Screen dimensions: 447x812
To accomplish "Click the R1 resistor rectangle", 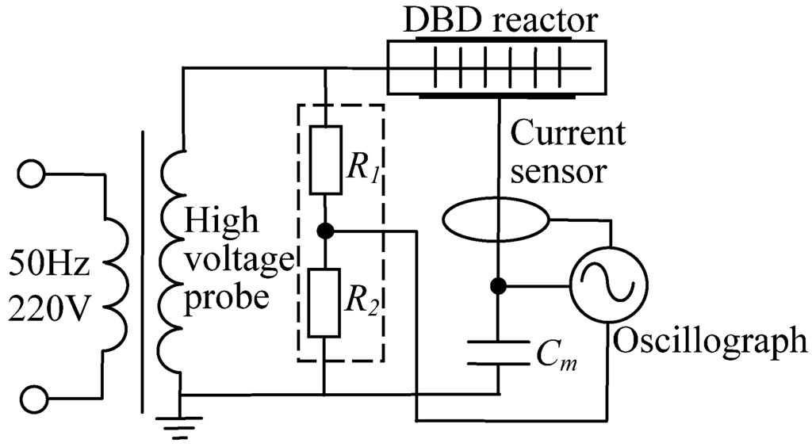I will tap(325, 159).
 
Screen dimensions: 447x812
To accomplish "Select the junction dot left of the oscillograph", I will tap(498, 285).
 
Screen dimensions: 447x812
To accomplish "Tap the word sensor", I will tap(558, 170).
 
